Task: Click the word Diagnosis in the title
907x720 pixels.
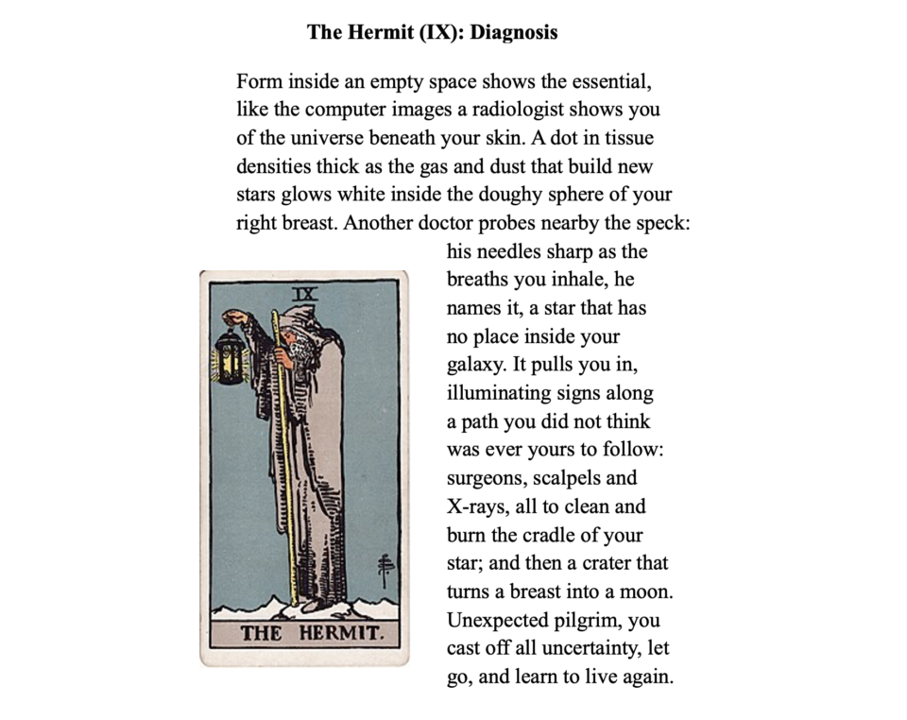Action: [514, 32]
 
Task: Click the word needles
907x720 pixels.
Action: [514, 251]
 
